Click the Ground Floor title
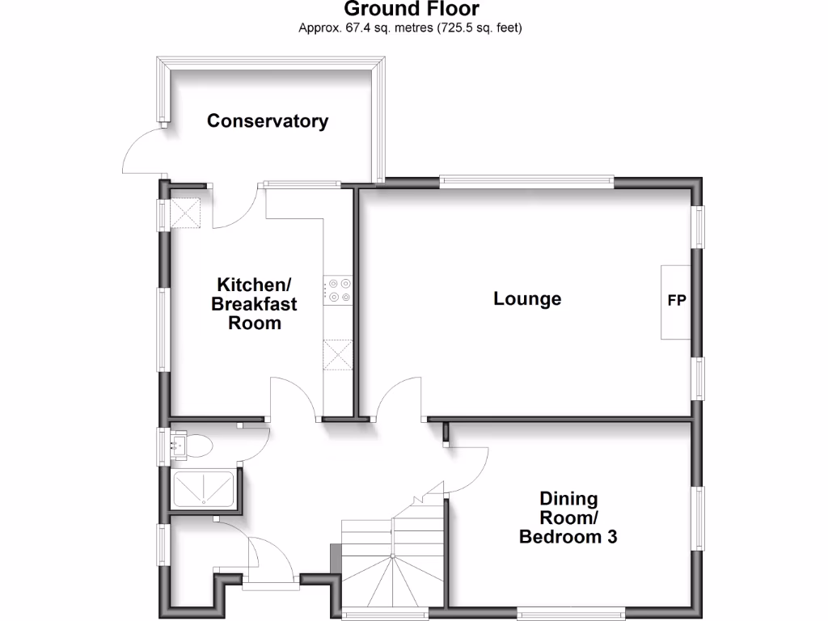click(x=412, y=10)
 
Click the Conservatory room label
click(x=268, y=121)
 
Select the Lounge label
click(x=527, y=299)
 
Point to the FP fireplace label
click(x=677, y=301)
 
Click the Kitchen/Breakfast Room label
click(x=254, y=304)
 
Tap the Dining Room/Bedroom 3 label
click(x=568, y=517)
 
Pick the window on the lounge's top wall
click(x=526, y=182)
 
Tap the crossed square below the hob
click(x=339, y=354)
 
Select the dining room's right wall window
click(x=696, y=517)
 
